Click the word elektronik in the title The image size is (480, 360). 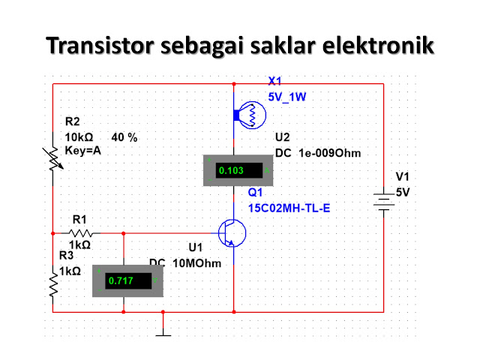pos(378,46)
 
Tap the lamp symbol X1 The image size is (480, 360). pos(250,115)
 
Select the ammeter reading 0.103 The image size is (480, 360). pos(231,170)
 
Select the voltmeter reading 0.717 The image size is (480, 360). pos(121,280)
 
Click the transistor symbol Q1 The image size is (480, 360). pos(232,233)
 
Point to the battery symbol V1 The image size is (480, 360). pos(383,202)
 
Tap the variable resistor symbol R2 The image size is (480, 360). pos(53,158)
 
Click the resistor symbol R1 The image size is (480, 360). pos(80,233)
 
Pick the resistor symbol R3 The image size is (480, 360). pos(53,285)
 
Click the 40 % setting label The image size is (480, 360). pos(124,137)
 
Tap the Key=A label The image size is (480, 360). pos(83,151)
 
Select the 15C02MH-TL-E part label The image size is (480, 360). pos(289,208)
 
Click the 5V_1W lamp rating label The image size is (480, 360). pos(286,97)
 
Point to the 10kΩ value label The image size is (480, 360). pos(79,137)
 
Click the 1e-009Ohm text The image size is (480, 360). pos(330,153)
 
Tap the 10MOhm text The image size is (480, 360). pos(196,263)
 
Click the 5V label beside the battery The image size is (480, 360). pos(403,192)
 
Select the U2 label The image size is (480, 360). pos(282,137)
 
